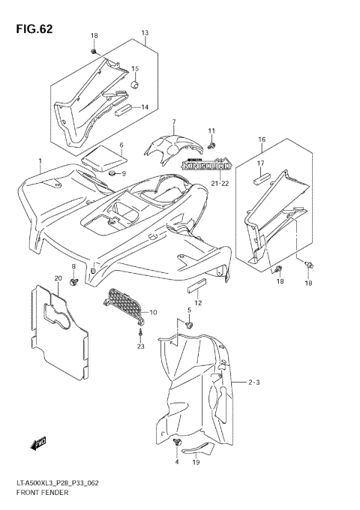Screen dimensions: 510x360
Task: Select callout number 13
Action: click(x=145, y=33)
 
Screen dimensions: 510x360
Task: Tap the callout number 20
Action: click(x=58, y=279)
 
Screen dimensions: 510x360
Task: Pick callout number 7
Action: click(x=173, y=121)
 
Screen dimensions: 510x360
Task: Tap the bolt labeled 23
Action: click(x=141, y=331)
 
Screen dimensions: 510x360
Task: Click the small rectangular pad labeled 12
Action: click(x=196, y=285)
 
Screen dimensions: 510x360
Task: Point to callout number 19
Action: click(x=195, y=463)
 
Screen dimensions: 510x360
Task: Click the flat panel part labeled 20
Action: click(x=58, y=330)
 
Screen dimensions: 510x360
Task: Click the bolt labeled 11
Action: click(x=212, y=143)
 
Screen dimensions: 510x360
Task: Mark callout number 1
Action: click(x=40, y=161)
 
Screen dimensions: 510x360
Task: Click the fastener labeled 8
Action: click(x=74, y=281)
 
